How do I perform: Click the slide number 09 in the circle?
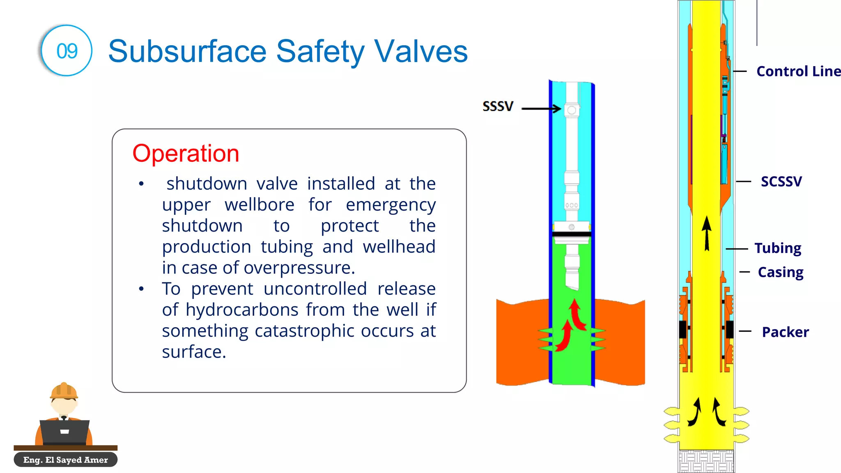click(67, 51)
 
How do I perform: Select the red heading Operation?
click(186, 154)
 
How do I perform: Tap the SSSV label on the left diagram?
click(498, 106)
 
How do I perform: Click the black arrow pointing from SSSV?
click(541, 109)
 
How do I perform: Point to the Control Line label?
click(798, 71)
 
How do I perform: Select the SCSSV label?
click(781, 181)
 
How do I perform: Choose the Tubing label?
click(778, 248)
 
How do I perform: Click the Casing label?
click(780, 272)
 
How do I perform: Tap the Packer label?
click(785, 332)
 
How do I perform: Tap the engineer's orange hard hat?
click(64, 391)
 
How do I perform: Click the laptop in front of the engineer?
click(64, 432)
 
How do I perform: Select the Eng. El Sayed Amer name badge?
click(66, 460)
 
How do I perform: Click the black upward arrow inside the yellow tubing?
click(706, 233)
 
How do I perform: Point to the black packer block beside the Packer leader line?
click(729, 329)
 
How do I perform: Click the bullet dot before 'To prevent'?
click(141, 289)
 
